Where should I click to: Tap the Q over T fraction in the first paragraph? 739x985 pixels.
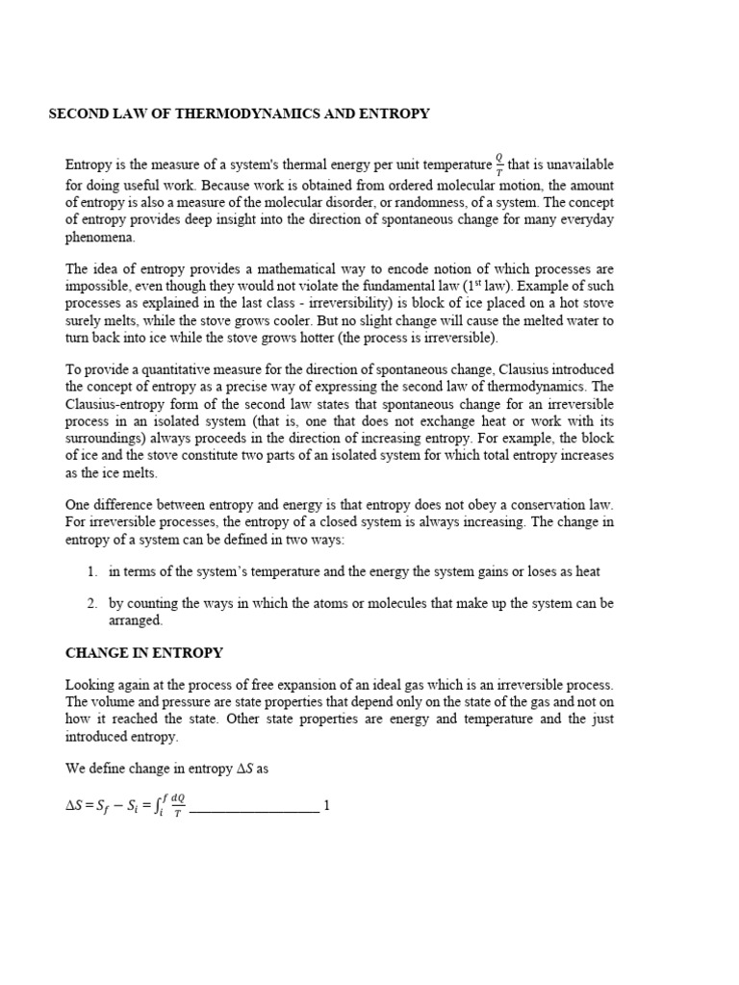(x=499, y=164)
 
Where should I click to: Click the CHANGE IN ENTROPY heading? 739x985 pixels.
(x=144, y=652)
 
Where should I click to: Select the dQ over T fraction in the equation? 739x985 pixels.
(x=177, y=806)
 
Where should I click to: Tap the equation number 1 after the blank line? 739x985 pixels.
(x=327, y=805)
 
